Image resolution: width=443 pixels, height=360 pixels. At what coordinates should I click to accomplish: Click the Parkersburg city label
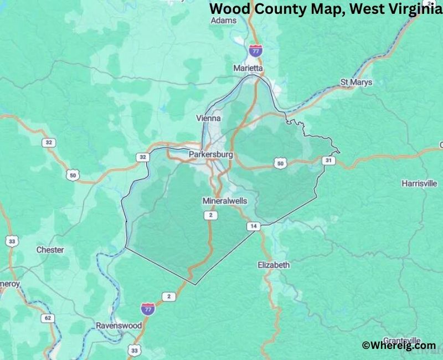coord(210,155)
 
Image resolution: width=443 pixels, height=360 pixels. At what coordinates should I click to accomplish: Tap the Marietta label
coord(248,68)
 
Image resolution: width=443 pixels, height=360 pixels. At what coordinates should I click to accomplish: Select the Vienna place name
coord(209,119)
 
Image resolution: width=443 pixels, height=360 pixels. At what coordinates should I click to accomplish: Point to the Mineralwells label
coord(224,200)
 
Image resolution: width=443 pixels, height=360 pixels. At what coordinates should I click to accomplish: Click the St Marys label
coord(356,83)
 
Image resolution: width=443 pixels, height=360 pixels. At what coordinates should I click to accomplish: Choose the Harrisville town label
coord(419,183)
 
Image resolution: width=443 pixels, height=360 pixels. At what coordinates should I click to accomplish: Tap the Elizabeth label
coord(274,265)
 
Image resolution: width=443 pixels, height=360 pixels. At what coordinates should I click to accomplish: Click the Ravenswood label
coord(119,326)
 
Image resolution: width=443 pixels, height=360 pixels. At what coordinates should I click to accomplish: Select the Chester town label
coord(50,250)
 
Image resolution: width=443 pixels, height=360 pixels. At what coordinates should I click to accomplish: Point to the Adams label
coord(224,20)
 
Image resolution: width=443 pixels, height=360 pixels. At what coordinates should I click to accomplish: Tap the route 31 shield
coord(329,161)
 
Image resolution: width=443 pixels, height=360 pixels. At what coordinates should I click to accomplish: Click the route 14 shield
coord(253,226)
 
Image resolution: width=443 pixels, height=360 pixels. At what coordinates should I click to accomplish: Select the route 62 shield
coord(48,318)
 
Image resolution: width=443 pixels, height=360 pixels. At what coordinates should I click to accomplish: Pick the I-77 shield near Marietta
coord(255,50)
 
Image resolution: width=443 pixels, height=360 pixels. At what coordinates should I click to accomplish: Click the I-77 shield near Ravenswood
coord(147,308)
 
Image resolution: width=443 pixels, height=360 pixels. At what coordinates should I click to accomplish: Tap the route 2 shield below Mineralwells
coord(210,215)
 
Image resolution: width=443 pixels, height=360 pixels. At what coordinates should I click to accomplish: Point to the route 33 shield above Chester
coord(12,241)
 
